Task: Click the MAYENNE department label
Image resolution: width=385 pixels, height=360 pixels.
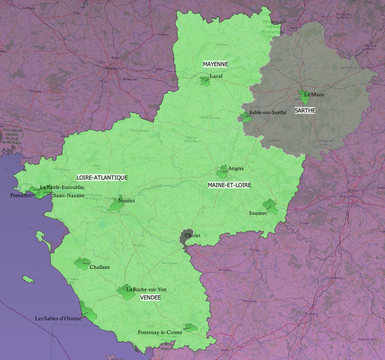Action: [215, 64]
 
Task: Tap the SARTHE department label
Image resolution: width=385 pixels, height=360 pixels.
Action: [305, 110]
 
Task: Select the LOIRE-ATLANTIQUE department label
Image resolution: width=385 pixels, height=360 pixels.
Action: [102, 178]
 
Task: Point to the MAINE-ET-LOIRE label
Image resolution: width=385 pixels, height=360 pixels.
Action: [229, 185]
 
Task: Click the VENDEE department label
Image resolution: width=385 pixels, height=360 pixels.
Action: [150, 297]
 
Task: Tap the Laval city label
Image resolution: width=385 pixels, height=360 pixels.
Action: [216, 76]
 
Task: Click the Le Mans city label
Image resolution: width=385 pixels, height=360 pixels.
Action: [314, 94]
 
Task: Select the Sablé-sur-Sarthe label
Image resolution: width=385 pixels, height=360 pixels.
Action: [268, 112]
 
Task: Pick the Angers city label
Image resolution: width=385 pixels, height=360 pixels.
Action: [236, 168]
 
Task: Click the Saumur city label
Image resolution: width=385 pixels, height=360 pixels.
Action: [258, 213]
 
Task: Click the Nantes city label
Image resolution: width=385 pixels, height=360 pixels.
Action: [126, 201]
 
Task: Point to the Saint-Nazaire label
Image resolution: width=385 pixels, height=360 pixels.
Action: [69, 195]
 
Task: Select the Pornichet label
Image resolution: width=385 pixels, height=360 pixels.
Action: [21, 195]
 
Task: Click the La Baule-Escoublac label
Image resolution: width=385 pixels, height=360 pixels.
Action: [62, 187]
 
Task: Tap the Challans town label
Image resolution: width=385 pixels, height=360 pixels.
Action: [100, 267]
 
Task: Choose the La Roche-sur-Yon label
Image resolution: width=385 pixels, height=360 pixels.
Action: [146, 289]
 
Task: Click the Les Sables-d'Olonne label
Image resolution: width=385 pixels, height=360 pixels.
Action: [58, 318]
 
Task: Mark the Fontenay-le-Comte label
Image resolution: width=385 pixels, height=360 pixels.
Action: [160, 333]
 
